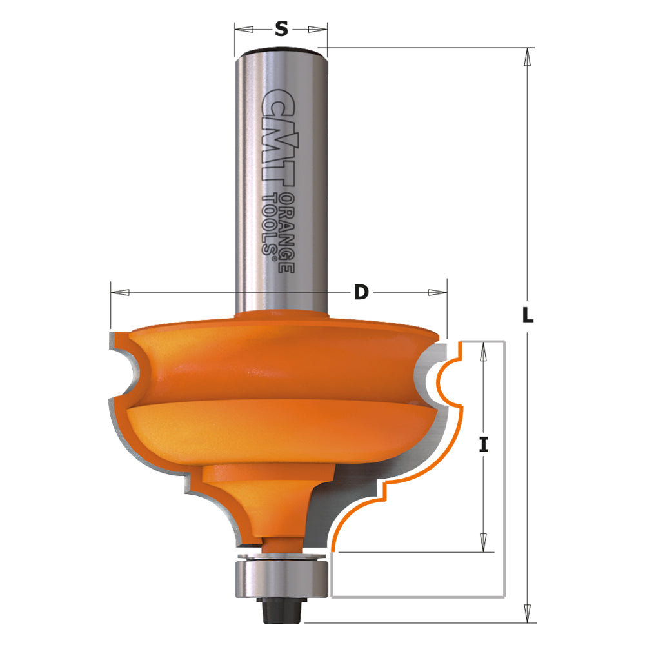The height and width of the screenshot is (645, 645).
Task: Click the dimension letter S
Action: click(281, 28)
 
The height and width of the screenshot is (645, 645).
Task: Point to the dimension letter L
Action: click(528, 315)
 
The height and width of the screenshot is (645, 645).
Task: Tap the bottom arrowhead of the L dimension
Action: click(528, 613)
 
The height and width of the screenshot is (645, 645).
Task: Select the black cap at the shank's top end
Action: click(281, 50)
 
